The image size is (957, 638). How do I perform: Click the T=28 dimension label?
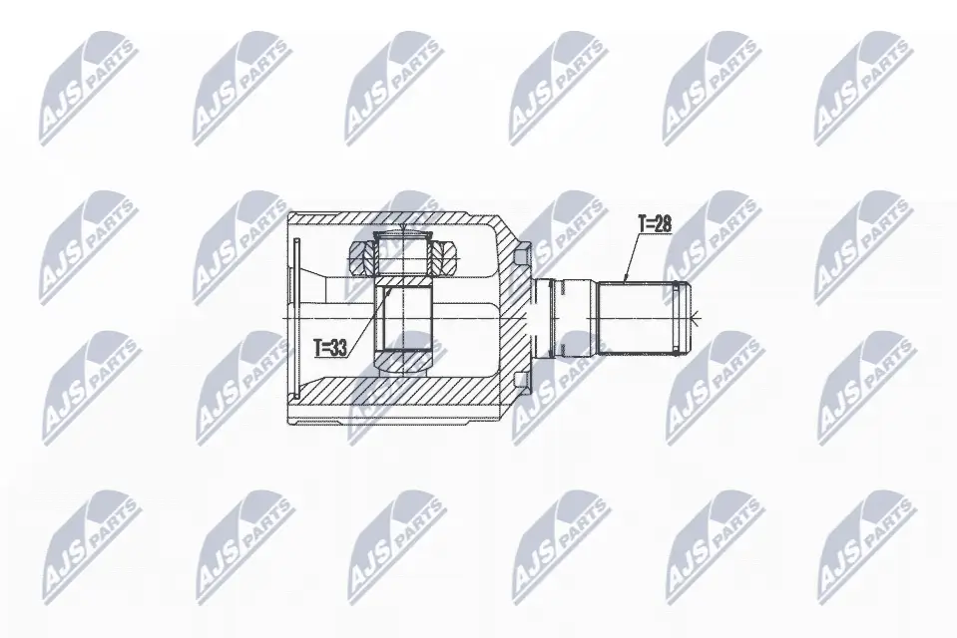tap(654, 225)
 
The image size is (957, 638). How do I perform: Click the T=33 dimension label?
tap(330, 349)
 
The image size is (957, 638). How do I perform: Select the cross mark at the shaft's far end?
tap(696, 318)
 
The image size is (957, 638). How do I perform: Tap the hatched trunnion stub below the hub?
tap(405, 358)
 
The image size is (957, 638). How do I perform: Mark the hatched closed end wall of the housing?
tap(514, 317)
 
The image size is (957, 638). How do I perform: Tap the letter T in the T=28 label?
tap(642, 225)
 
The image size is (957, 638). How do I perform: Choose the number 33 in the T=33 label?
tap(339, 349)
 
